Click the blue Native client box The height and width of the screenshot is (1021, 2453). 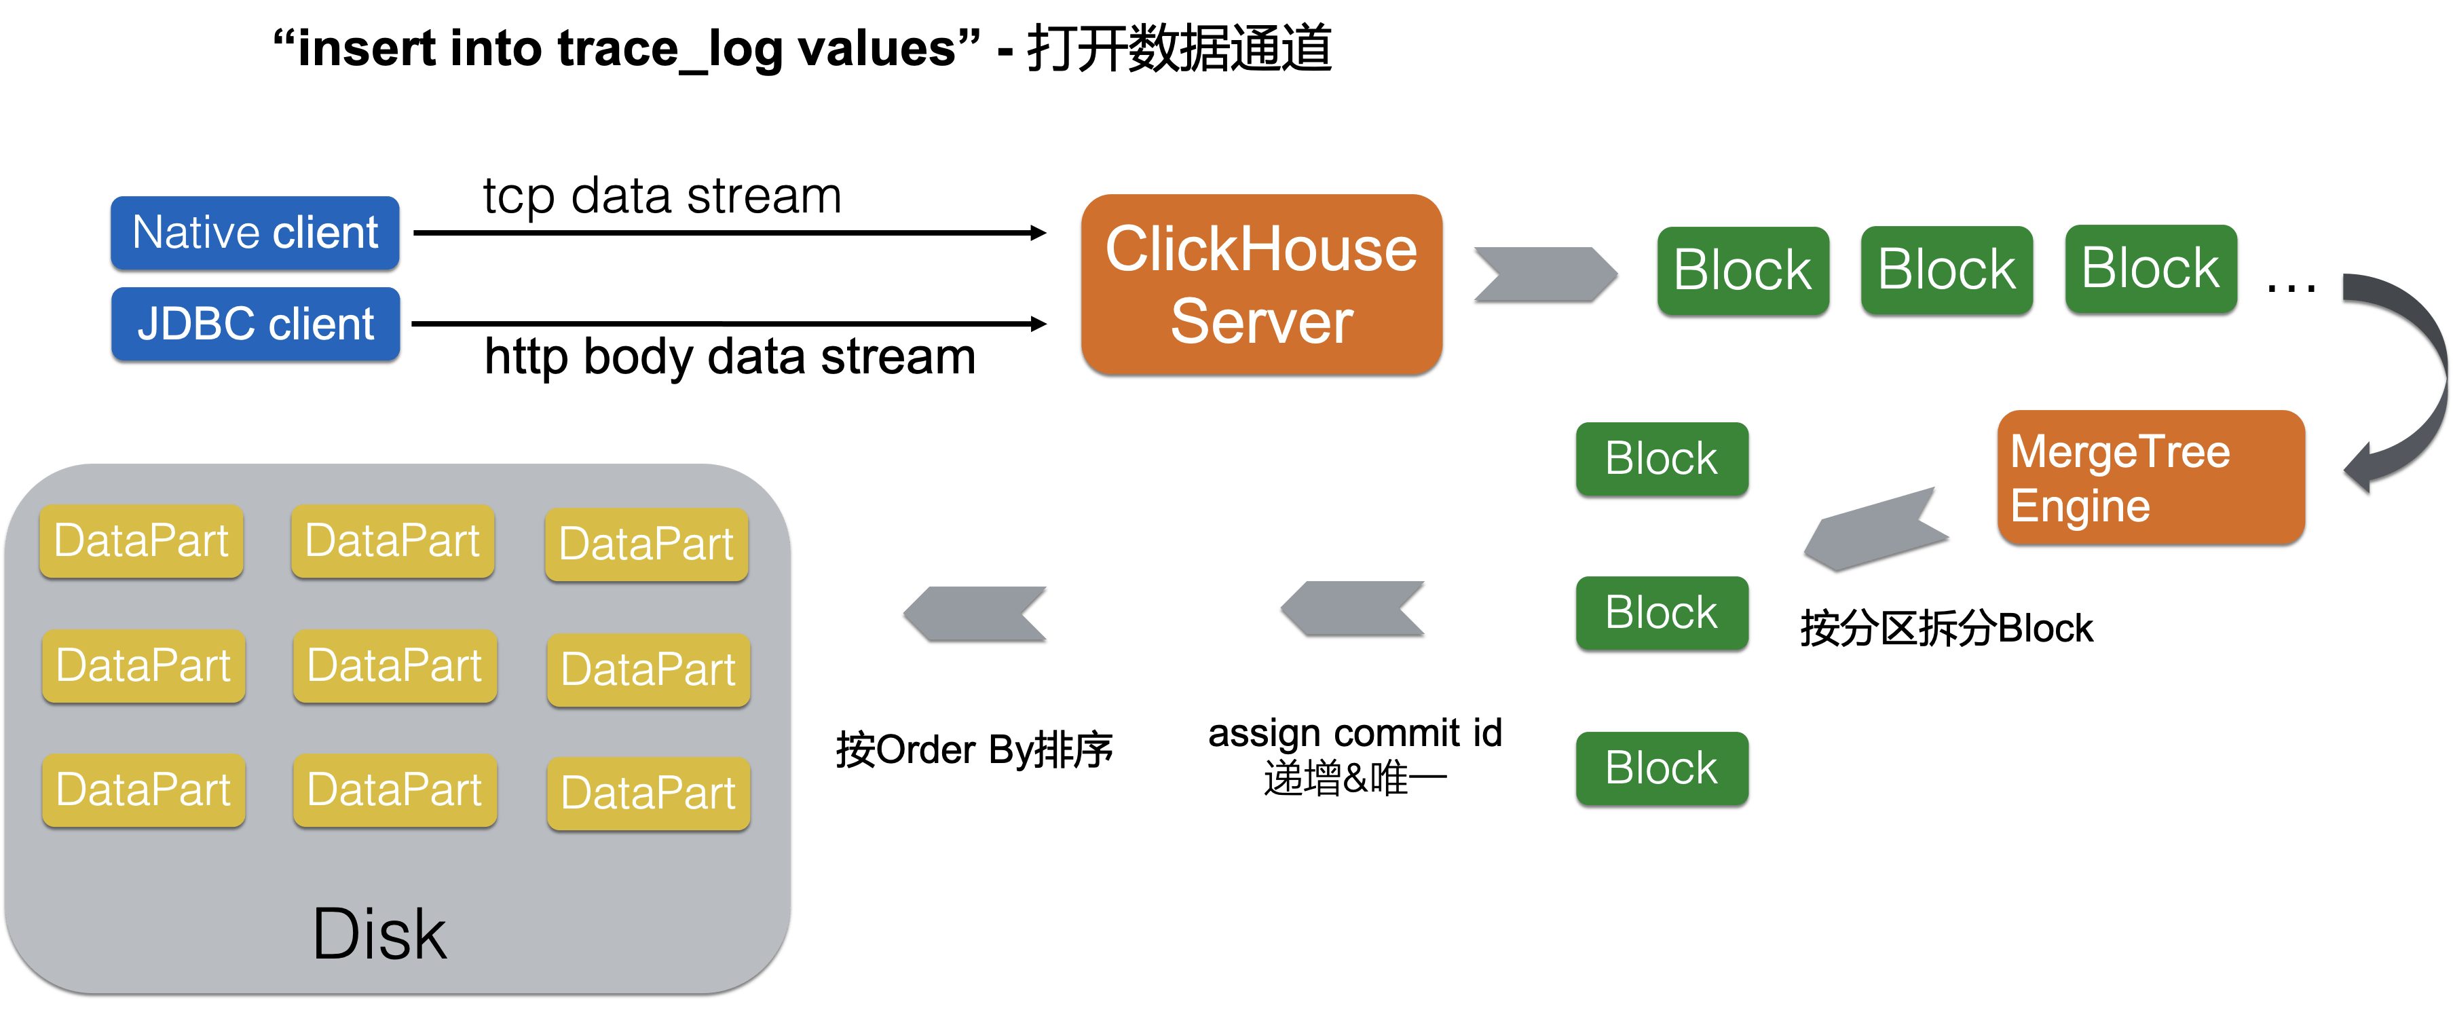[x=255, y=234]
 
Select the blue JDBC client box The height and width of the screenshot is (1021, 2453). [x=255, y=324]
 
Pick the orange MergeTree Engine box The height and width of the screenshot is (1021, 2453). [x=2150, y=479]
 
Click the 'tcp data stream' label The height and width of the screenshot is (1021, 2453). [x=662, y=196]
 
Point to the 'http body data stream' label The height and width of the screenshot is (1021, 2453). [x=730, y=357]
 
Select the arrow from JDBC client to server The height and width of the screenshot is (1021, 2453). [x=728, y=324]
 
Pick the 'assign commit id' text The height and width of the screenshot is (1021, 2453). [x=1355, y=733]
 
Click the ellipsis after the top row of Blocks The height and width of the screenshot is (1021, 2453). [x=2291, y=286]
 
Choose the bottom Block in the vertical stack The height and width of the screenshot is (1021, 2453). [x=1662, y=768]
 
